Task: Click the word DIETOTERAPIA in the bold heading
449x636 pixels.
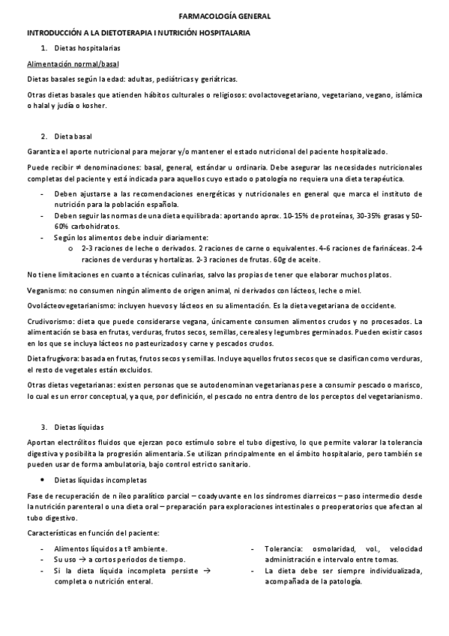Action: click(113, 34)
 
